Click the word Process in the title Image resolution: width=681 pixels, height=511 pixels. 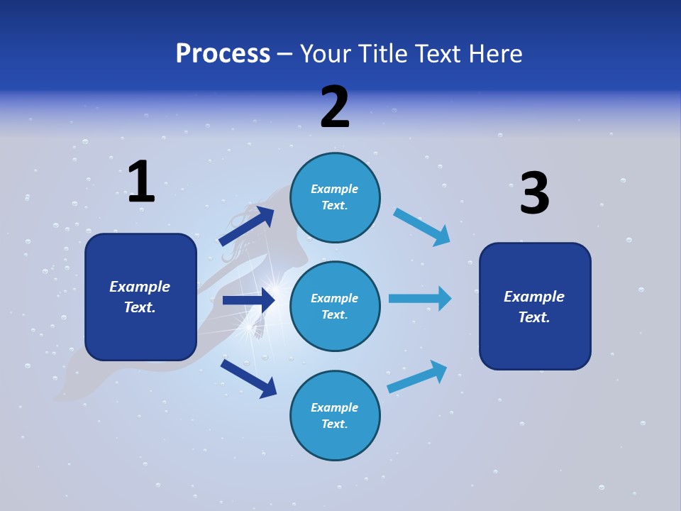(x=223, y=54)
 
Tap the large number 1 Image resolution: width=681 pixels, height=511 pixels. (x=141, y=182)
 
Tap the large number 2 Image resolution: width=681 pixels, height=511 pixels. (x=335, y=107)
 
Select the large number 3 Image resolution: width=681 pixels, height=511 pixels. (x=534, y=194)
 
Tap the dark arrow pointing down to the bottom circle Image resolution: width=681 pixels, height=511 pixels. (x=248, y=378)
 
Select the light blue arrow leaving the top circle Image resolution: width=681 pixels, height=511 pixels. (x=422, y=226)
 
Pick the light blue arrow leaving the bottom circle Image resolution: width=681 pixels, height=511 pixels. (x=417, y=376)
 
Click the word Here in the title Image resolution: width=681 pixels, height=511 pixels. (x=496, y=54)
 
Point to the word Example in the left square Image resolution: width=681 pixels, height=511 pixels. (x=140, y=287)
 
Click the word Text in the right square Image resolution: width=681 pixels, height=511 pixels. (x=533, y=317)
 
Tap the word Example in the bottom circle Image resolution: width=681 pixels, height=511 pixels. (x=334, y=407)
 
